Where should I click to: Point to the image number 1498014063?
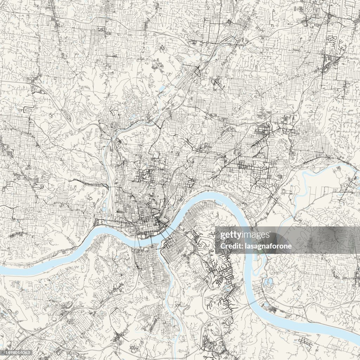17,353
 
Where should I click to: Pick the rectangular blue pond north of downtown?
162,89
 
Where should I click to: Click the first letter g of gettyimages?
222,235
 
